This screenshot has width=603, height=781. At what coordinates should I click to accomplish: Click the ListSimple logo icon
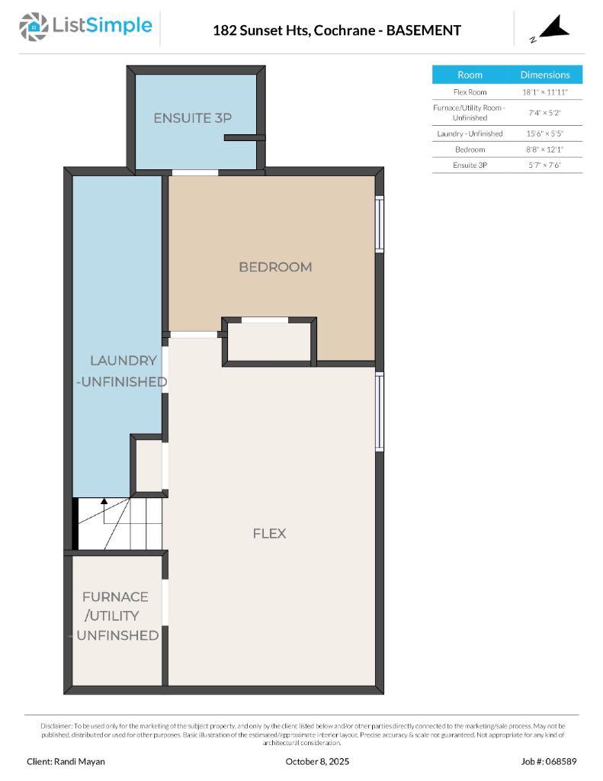[x=34, y=27]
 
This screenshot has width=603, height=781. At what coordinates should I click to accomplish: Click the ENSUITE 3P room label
[x=192, y=118]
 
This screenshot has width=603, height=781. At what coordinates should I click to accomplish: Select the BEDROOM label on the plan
[x=275, y=267]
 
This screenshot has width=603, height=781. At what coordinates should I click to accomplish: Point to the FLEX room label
[x=269, y=533]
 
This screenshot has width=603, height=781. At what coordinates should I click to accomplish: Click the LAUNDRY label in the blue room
[x=123, y=361]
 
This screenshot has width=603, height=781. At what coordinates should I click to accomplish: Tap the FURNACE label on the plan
[x=115, y=596]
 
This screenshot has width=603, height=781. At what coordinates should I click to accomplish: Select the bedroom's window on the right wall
[x=379, y=223]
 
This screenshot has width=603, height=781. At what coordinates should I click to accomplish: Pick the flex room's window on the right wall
[x=379, y=412]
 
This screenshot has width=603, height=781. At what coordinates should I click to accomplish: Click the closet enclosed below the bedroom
[x=269, y=341]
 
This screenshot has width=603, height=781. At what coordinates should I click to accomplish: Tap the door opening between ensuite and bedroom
[x=195, y=172]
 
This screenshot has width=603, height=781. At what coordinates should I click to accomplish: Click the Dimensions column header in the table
[x=544, y=75]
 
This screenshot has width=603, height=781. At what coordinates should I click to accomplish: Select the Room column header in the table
[x=470, y=75]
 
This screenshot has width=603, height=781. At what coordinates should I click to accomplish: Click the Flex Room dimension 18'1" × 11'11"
[x=544, y=92]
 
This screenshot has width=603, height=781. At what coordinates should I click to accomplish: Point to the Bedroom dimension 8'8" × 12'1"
[x=544, y=149]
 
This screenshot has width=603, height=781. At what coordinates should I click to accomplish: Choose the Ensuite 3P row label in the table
[x=470, y=165]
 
